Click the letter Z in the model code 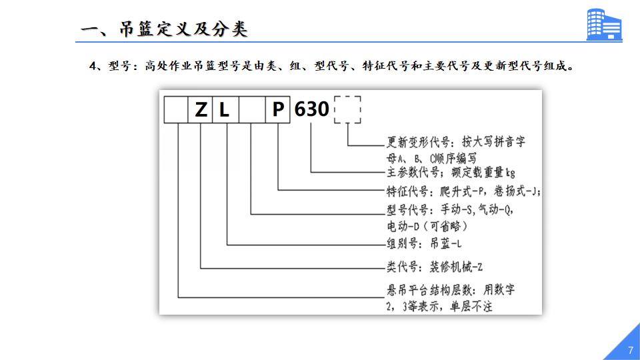point(201,110)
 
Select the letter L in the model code point(224,110)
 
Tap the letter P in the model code point(278,109)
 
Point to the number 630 point(311,109)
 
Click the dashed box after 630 point(347,96)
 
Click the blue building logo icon point(604,25)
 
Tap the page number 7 point(631,350)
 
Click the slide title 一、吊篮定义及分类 point(164,29)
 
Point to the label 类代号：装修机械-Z point(435,267)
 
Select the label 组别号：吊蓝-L point(424,244)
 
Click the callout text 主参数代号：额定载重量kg point(451,173)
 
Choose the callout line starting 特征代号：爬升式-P point(464,191)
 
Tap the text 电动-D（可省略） point(427,226)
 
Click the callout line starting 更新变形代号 point(456,142)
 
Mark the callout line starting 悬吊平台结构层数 point(451,290)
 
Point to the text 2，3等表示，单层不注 point(439,307)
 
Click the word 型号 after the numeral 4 point(117,66)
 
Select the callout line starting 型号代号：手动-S point(450,210)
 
